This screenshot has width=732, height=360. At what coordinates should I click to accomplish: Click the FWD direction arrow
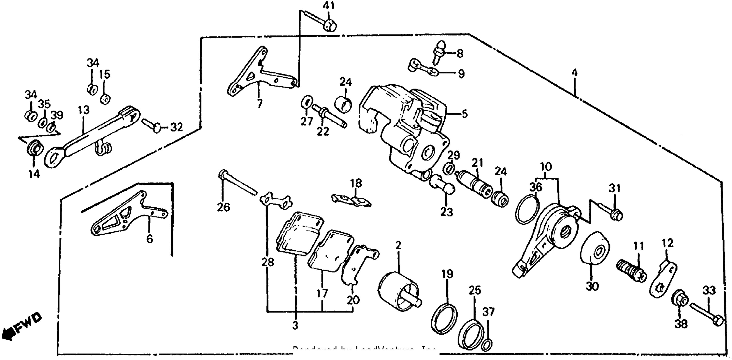point(20,327)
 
